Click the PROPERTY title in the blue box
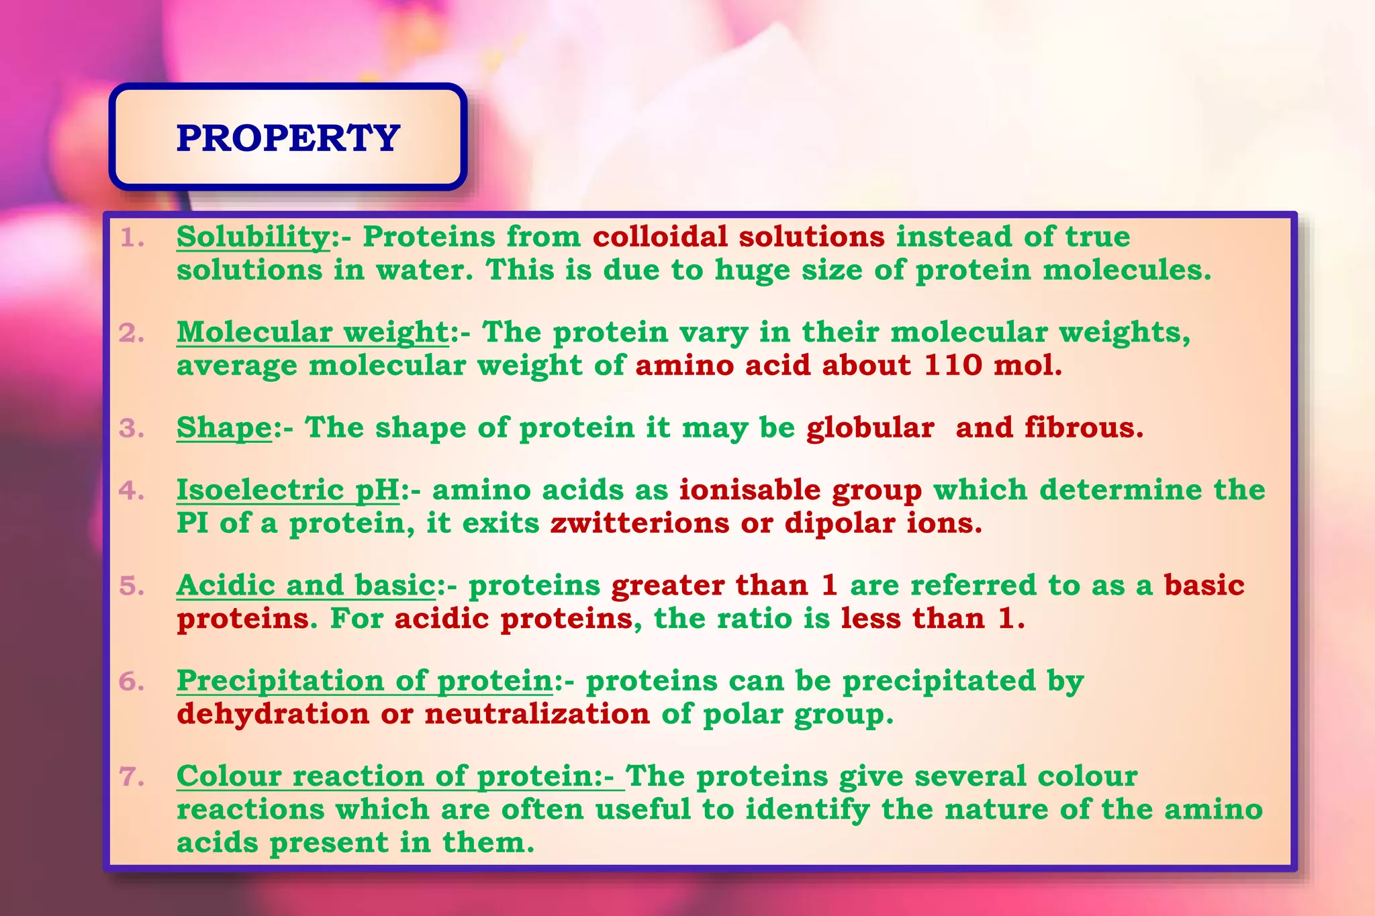click(288, 138)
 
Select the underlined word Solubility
click(253, 237)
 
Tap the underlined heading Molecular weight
click(312, 332)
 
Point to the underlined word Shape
click(224, 428)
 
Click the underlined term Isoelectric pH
click(288, 490)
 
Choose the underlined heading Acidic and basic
click(306, 585)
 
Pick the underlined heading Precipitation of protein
click(365, 680)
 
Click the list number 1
click(132, 238)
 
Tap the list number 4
click(132, 491)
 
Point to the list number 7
click(132, 777)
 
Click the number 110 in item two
click(953, 366)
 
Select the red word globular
click(870, 428)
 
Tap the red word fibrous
click(1083, 427)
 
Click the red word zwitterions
click(639, 523)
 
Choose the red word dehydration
click(273, 714)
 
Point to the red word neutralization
click(537, 714)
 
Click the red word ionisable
click(749, 490)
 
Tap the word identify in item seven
click(807, 810)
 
